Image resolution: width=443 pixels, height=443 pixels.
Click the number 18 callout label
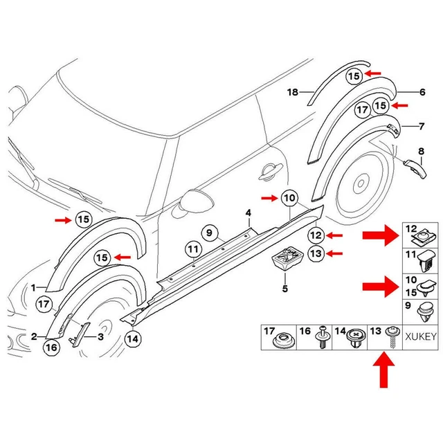point(292,91)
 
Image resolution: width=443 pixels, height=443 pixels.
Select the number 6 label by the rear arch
point(422,91)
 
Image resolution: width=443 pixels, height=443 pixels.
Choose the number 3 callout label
point(101,336)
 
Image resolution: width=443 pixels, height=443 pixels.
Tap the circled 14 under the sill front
point(132,338)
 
